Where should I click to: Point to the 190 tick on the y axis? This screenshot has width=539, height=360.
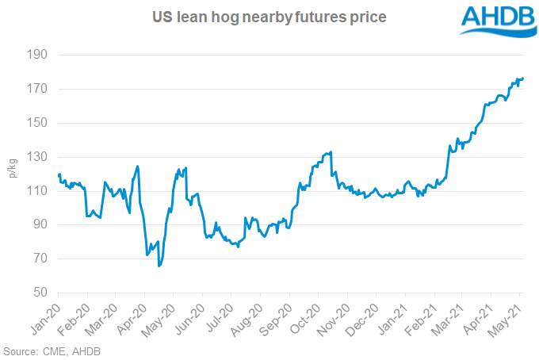tap(39, 56)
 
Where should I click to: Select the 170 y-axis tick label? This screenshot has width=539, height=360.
tap(39, 90)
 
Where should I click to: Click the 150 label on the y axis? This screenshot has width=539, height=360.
tap(39, 124)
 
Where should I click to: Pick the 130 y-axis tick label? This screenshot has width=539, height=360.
tap(39, 158)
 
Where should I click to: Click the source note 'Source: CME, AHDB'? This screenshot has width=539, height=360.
tap(52, 350)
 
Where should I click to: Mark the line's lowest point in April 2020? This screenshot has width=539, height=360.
tap(159, 266)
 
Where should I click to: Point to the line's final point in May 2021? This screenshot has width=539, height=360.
tap(523, 78)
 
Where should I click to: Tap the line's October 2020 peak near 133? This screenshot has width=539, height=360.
tap(331, 151)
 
